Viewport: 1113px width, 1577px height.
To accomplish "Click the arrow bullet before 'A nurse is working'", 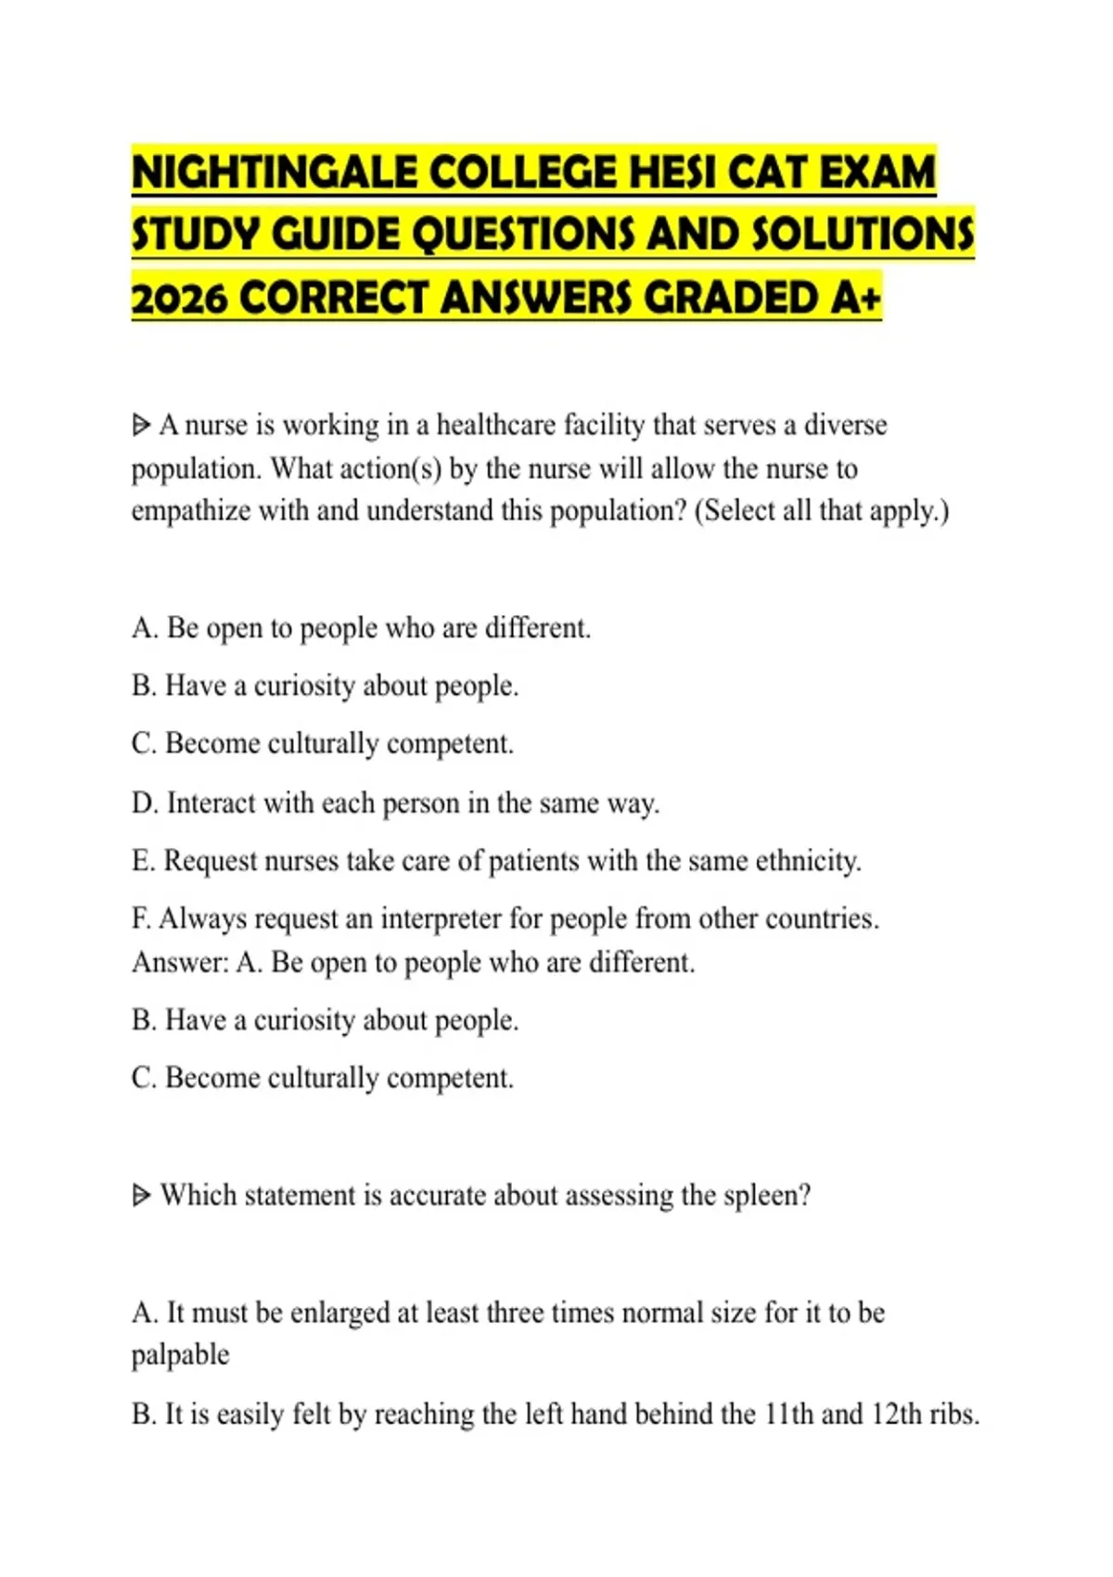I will click(142, 426).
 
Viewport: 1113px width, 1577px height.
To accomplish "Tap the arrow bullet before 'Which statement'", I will click(142, 1196).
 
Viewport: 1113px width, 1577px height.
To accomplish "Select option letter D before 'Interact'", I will click(145, 803).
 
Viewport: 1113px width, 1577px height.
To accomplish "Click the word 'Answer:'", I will click(179, 963).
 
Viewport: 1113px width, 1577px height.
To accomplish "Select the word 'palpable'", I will click(180, 1355).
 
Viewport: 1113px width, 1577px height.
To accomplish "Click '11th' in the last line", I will click(788, 1415).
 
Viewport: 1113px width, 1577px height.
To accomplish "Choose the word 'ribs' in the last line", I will click(952, 1415).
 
